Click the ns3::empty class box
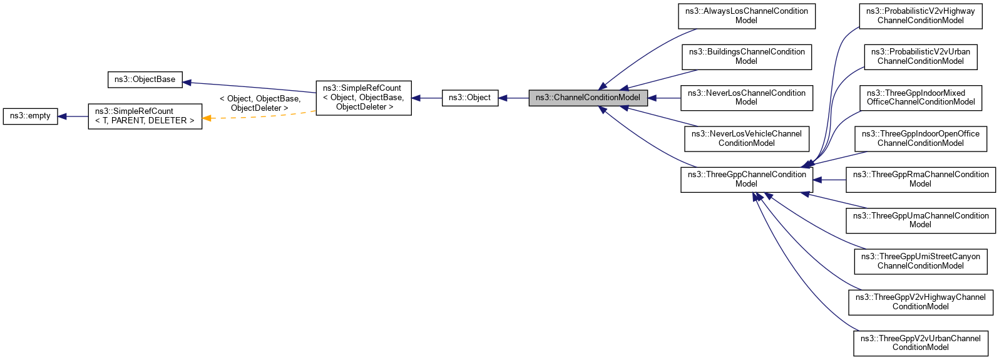[30, 116]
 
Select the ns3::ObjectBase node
[145, 80]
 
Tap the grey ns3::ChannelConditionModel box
[588, 98]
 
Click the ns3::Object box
[469, 98]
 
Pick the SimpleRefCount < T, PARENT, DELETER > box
[145, 116]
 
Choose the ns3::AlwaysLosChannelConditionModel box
[746, 16]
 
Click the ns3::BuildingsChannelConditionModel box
[746, 57]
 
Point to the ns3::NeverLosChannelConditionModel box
[746, 98]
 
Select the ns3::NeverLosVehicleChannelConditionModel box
[746, 138]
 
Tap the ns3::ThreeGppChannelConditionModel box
[746, 180]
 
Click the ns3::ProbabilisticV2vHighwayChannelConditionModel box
[920, 16]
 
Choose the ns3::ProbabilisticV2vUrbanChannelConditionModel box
[920, 57]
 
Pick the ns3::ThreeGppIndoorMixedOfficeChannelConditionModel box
[920, 98]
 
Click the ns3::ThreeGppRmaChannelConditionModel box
[920, 180]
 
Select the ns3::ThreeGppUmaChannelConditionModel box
[920, 220]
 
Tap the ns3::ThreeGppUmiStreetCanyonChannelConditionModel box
[920, 261]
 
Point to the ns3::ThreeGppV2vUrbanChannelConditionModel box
[920, 343]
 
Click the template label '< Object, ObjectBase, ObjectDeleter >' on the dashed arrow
[260, 103]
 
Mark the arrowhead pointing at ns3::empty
[63, 116]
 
